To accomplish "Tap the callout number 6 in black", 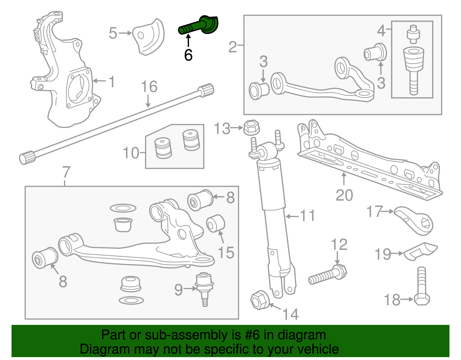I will click(x=188, y=55).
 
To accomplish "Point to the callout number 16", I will click(x=149, y=87).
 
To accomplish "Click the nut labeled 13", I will click(x=251, y=127).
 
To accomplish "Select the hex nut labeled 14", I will click(x=260, y=300).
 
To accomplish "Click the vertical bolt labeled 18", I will click(x=422, y=287).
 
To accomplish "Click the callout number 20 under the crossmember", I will click(x=344, y=195).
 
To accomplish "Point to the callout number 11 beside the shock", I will click(x=307, y=216).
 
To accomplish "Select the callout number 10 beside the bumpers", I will click(x=131, y=153).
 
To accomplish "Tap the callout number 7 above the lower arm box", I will click(x=66, y=172).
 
